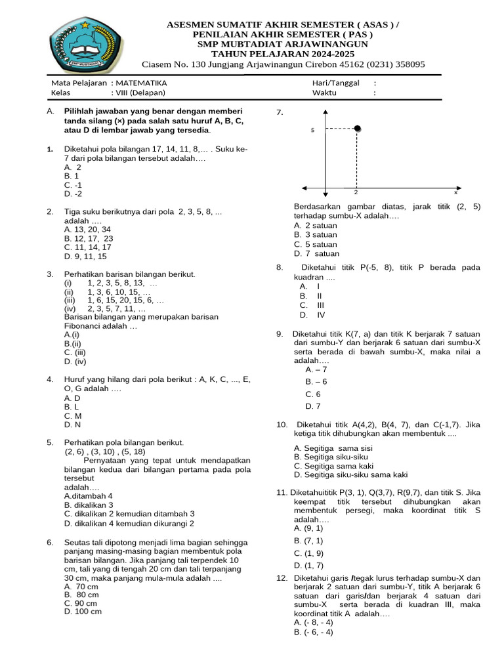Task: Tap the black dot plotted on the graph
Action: (x=357, y=129)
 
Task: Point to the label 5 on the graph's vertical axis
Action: (x=313, y=131)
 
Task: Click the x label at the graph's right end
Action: (x=455, y=193)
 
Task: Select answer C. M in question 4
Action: (x=73, y=416)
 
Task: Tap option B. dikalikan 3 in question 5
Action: (x=89, y=505)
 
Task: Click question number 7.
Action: (x=280, y=113)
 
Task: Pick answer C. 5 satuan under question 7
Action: (x=316, y=244)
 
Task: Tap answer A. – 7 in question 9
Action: (x=316, y=369)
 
